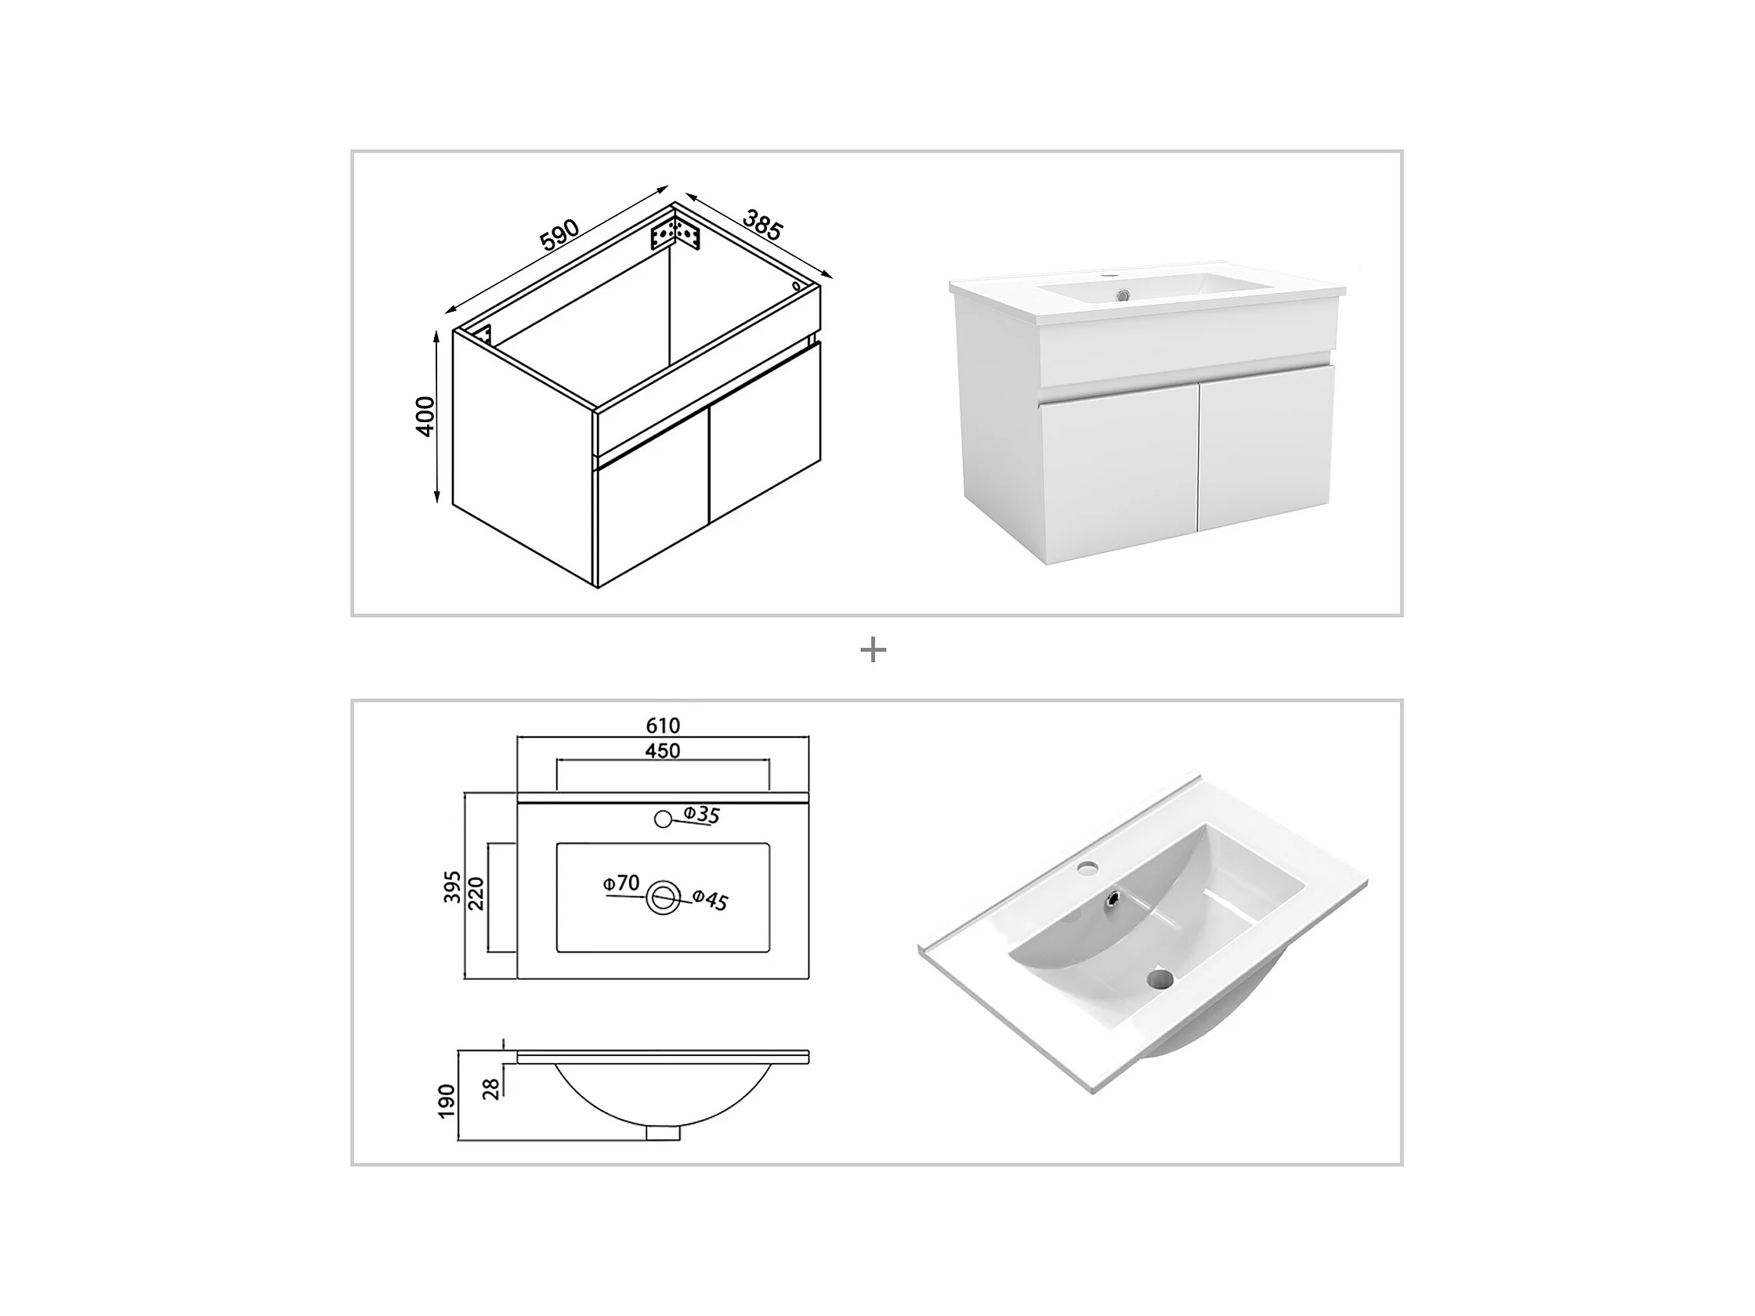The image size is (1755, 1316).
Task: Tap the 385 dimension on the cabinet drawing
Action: [x=763, y=225]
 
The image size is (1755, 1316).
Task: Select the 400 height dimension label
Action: [x=425, y=416]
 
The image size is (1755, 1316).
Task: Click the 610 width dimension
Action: [x=663, y=725]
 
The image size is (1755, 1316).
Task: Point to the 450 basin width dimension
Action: [x=663, y=750]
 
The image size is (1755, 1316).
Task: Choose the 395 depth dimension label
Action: [x=452, y=887]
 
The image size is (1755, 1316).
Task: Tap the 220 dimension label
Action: [x=476, y=894]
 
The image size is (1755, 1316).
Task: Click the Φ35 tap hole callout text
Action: [x=701, y=814]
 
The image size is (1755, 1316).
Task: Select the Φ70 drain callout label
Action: [x=621, y=883]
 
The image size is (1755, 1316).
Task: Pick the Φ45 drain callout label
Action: [x=710, y=899]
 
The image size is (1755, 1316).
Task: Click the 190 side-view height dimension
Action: [x=447, y=1101]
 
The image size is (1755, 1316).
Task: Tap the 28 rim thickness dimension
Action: [x=492, y=1088]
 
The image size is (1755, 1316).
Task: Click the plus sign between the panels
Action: [x=873, y=650]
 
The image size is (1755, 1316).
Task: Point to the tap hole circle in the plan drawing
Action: [x=664, y=819]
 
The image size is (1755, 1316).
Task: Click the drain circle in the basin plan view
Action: [x=663, y=897]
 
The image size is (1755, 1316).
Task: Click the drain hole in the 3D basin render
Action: [x=1160, y=980]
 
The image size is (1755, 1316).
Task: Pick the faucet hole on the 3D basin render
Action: [x=1087, y=869]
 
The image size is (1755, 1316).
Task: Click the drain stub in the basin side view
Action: [x=663, y=1133]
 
